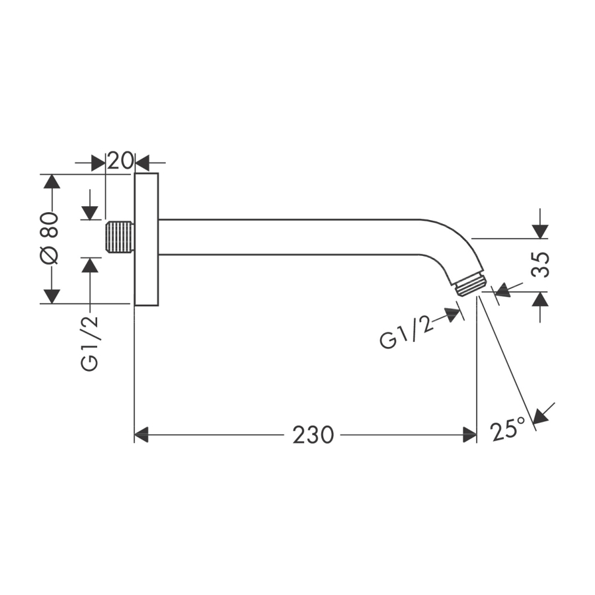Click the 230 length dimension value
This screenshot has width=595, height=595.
(x=313, y=434)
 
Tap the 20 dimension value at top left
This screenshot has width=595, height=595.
(x=120, y=161)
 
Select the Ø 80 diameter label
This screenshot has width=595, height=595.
(x=50, y=238)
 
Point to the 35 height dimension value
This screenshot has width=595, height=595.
(x=540, y=265)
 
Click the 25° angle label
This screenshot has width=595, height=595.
(x=508, y=429)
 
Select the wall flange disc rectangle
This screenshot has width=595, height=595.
(x=147, y=239)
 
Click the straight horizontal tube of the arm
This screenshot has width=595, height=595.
(x=288, y=237)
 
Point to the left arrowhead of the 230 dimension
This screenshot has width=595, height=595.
(x=141, y=434)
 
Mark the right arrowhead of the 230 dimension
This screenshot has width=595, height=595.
(x=470, y=434)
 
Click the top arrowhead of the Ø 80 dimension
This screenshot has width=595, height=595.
(x=52, y=181)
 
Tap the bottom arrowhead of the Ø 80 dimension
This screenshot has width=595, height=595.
(x=52, y=296)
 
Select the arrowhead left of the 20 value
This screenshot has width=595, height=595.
(x=99, y=163)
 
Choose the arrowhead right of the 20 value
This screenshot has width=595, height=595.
(x=142, y=163)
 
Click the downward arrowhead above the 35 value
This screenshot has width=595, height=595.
(x=540, y=231)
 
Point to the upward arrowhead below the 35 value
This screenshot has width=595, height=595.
(x=540, y=299)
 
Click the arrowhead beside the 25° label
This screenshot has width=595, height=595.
(x=541, y=416)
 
